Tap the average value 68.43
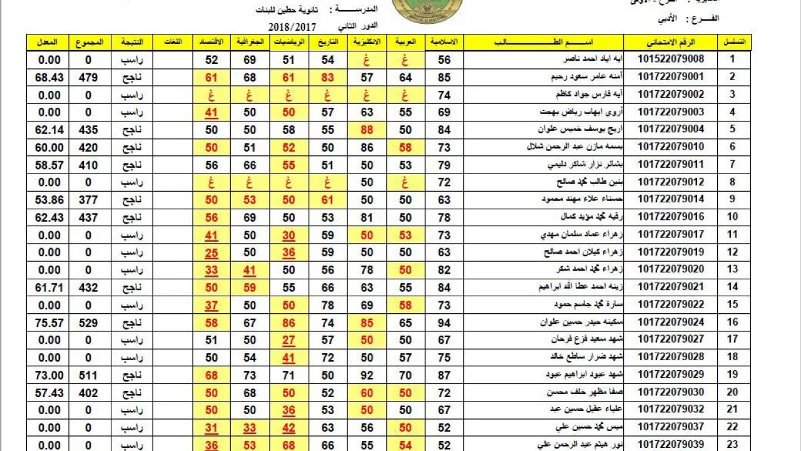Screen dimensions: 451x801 (50, 77)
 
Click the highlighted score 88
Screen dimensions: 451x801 (367, 130)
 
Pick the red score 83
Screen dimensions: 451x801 (327, 77)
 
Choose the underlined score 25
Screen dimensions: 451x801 (212, 252)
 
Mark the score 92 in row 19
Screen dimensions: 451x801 (367, 375)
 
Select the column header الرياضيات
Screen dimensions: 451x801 (288, 42)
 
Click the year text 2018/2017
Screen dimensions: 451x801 (293, 27)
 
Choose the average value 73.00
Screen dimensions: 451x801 (50, 375)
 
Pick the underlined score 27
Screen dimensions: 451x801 (288, 340)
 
